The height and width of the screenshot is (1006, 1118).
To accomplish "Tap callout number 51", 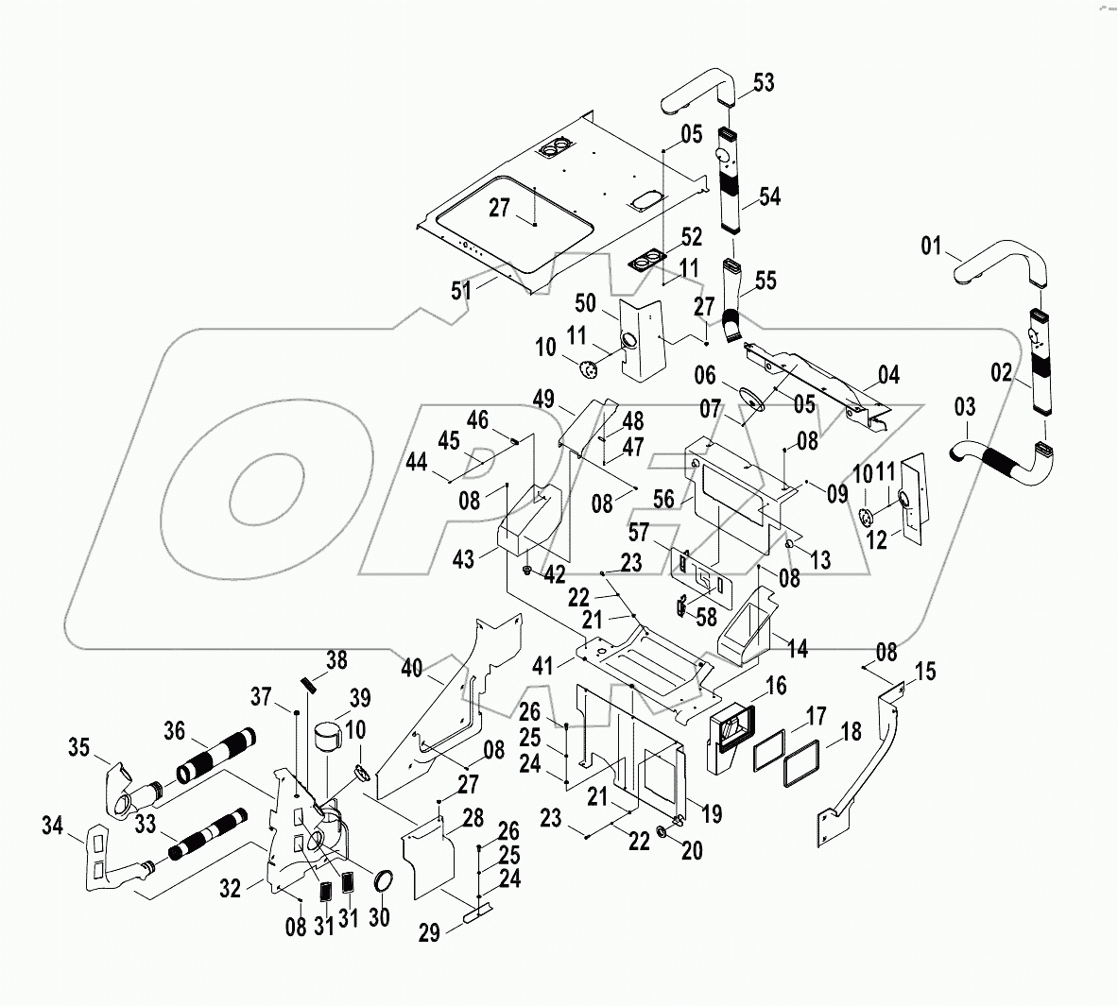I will point(460,291).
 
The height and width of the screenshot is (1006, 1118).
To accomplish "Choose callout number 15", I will point(925,672).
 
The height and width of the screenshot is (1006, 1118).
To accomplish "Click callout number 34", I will point(53,828).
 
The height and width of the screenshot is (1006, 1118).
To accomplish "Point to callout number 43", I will point(463,559).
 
